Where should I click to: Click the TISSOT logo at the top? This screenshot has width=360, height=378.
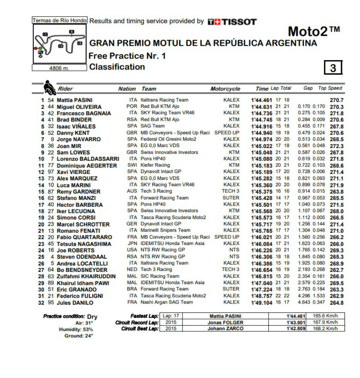(232, 22)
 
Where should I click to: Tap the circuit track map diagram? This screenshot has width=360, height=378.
(59, 44)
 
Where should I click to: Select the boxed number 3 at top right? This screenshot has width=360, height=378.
(333, 68)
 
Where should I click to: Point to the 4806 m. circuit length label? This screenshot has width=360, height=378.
(59, 68)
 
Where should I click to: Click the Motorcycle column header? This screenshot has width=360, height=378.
(225, 89)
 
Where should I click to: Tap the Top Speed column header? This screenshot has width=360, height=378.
(330, 88)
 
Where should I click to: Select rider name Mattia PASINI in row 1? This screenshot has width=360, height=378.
(74, 100)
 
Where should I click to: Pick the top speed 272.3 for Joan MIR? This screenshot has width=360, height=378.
(337, 146)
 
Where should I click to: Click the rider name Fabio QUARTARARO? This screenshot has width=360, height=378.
(84, 237)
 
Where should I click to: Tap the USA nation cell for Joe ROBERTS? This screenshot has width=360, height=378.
(132, 250)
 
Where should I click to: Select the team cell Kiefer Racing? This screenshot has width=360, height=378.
(155, 165)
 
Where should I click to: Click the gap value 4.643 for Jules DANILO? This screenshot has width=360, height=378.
(304, 302)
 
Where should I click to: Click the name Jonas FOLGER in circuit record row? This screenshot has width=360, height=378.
(225, 323)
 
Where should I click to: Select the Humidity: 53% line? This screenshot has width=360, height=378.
(76, 329)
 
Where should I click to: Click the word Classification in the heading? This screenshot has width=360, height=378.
(117, 67)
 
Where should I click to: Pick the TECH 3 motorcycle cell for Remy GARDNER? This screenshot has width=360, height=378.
(230, 191)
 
